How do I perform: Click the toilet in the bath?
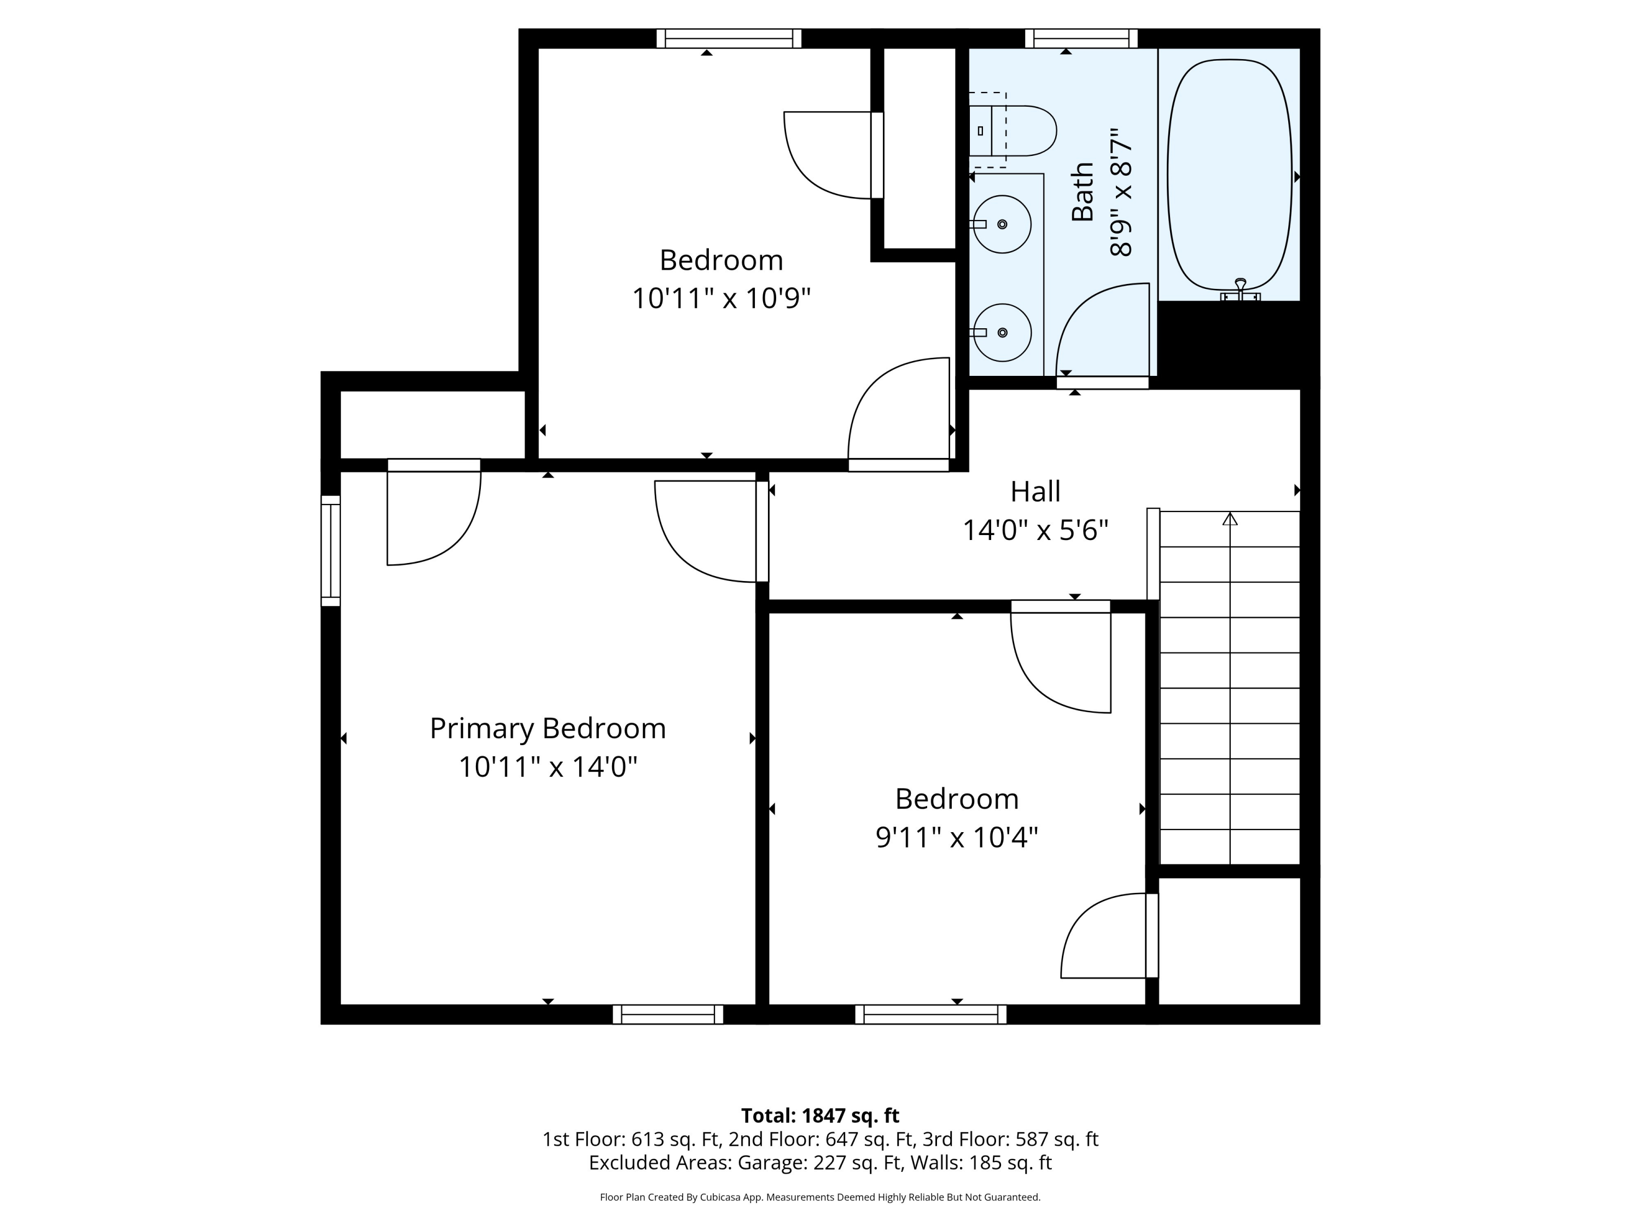point(1012,131)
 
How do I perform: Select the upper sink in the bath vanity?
point(1002,224)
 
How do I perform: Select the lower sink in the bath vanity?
point(1002,333)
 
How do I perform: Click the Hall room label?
point(1035,491)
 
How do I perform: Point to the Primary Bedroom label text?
point(548,729)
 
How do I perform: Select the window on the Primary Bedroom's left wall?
point(331,550)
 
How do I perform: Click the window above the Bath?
point(1081,39)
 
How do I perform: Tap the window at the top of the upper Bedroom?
point(729,39)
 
